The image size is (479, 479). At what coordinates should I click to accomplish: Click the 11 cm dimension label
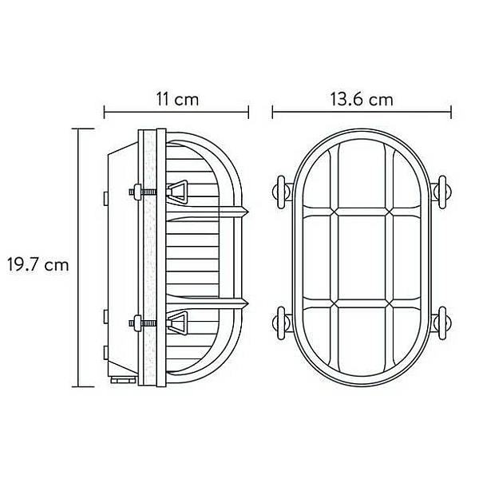(x=177, y=100)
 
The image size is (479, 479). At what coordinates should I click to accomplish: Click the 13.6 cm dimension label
(x=362, y=100)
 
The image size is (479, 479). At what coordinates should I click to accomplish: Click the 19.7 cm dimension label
(x=38, y=264)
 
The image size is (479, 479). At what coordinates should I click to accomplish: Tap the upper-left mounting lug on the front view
(x=282, y=192)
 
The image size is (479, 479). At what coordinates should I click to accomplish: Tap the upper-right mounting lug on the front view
(x=441, y=192)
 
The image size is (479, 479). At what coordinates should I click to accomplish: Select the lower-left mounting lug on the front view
(x=282, y=323)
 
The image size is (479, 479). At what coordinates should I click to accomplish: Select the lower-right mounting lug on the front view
(x=441, y=323)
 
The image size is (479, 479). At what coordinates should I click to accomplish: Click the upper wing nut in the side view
(x=177, y=192)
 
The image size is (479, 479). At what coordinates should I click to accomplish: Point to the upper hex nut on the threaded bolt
(x=137, y=192)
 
